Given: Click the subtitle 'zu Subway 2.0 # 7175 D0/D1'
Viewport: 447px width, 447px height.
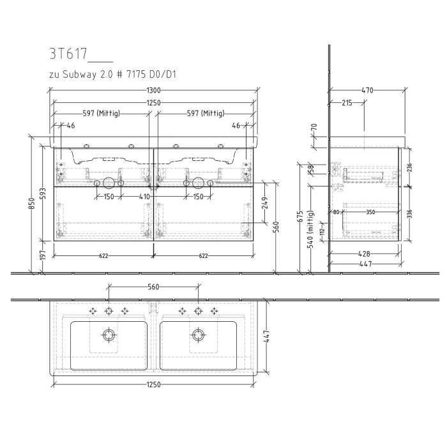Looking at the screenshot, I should coord(112,75).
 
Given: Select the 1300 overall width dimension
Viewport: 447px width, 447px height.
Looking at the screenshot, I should coord(153,91).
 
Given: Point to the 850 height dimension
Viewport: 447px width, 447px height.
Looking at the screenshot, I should coord(32,203).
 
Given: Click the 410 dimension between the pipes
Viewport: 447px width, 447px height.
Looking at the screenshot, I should coord(145,197).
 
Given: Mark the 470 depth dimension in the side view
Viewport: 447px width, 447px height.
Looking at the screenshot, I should coord(367,91).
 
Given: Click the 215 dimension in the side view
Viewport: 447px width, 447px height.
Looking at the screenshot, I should coord(346,102).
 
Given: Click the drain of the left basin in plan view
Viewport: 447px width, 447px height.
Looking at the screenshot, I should coord(109,333).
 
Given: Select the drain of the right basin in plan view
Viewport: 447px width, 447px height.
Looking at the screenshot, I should coord(198,333).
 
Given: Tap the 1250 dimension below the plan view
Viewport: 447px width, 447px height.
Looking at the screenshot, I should coord(153,384).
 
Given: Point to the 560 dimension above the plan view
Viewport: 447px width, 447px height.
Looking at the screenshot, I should coord(153,287).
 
